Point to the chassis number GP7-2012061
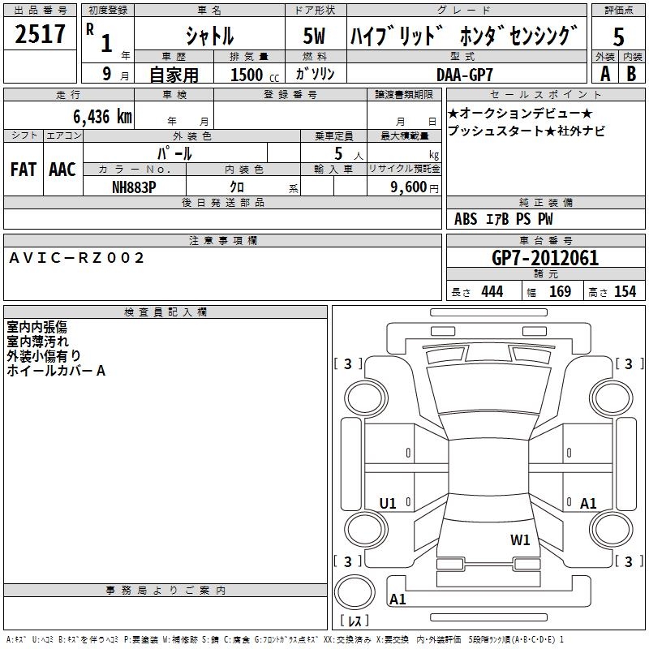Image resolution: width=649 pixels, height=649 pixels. coord(545,258)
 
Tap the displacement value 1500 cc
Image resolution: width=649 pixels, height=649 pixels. coord(247,75)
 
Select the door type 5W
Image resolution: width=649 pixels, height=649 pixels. coord(315,36)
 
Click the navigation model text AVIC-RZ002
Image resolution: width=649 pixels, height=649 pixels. coord(76,258)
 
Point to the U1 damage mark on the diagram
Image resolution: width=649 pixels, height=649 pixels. coord(388,504)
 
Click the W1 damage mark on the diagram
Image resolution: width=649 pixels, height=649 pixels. coord(520,539)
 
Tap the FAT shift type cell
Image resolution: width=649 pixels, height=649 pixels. coord(24,169)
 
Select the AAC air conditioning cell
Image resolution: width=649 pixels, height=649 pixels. coord(62,169)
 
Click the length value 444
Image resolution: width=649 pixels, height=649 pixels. coord(492,291)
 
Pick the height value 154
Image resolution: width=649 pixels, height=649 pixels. coord(625,291)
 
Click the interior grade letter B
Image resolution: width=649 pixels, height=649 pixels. coord(631,74)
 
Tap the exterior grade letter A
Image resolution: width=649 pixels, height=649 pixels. coord(604,74)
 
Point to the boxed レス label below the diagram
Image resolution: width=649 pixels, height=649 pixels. coord(355,621)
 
